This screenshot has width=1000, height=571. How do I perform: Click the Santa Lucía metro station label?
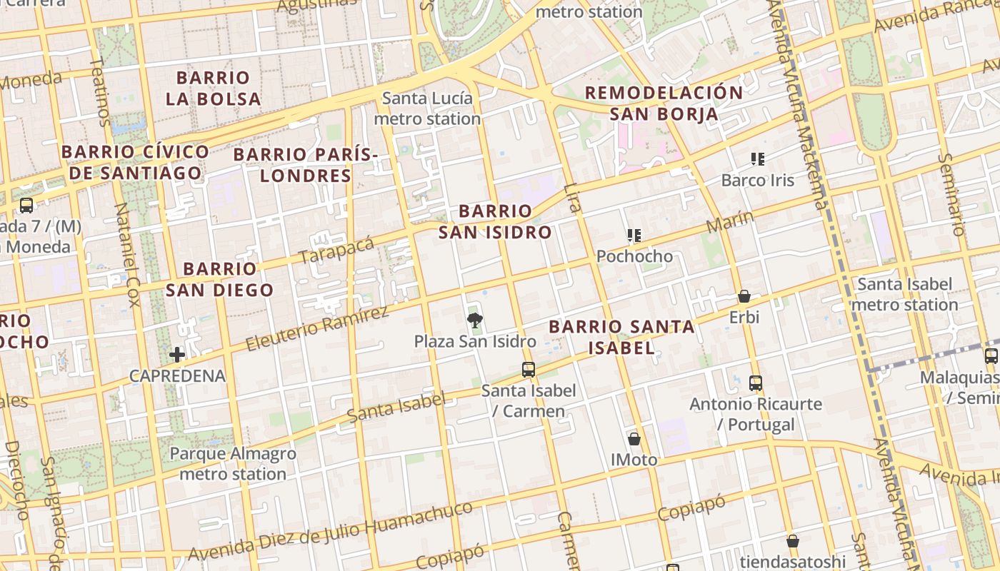tap(427, 108)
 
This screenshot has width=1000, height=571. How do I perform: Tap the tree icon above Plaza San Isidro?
tap(474, 320)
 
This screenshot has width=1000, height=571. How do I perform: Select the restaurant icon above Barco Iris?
tap(757, 159)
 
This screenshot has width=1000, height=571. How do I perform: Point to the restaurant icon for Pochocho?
tap(634, 235)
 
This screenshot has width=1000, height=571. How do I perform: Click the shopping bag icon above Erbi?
tap(744, 296)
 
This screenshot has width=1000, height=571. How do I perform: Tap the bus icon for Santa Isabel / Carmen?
tap(529, 369)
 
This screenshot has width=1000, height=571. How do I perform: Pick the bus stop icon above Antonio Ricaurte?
tap(756, 383)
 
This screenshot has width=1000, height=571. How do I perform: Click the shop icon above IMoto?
tap(634, 438)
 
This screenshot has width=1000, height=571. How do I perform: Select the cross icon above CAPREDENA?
tap(177, 354)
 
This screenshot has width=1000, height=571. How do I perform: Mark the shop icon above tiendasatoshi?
tap(792, 541)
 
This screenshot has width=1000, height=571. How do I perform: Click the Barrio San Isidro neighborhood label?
tap(495, 221)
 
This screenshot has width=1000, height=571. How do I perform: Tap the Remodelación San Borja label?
tap(664, 103)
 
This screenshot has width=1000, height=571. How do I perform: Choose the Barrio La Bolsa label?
tap(213, 89)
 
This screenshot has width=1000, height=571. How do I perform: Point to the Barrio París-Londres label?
tap(305, 165)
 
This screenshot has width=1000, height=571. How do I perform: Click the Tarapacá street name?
tap(336, 250)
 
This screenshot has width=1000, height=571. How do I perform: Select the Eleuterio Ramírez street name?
tap(317, 329)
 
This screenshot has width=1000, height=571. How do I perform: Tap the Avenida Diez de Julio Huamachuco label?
tap(330, 532)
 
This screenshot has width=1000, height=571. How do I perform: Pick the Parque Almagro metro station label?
tap(233, 464)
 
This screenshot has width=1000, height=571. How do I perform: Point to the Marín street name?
tap(730, 222)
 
